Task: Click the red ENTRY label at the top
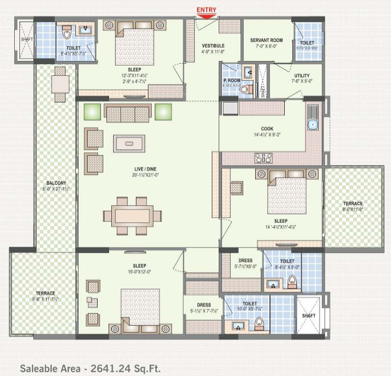(206, 10)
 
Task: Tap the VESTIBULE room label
(213, 46)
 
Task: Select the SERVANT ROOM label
(266, 40)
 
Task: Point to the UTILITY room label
(301, 75)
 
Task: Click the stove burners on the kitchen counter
(264, 157)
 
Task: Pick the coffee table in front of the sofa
(128, 142)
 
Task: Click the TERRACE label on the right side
(352, 203)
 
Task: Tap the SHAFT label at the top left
(23, 39)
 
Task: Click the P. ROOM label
(232, 80)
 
